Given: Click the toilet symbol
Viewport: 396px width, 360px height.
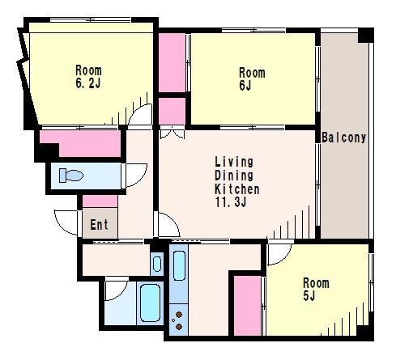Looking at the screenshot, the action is [x=71, y=176].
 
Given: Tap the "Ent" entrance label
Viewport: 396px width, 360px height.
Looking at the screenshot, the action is [x=99, y=225].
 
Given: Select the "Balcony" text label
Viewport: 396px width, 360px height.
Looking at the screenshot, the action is [x=344, y=138].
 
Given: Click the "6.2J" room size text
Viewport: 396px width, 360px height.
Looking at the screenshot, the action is [x=88, y=83].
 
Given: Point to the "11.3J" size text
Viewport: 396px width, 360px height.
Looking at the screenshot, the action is [x=231, y=201].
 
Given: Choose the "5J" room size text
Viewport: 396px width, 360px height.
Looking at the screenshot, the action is [x=309, y=296].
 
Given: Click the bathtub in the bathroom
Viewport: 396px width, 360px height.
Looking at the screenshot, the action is [x=150, y=303].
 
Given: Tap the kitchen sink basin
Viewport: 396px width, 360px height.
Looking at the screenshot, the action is [x=179, y=265].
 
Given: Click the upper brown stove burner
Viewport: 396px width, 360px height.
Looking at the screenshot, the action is [x=179, y=315].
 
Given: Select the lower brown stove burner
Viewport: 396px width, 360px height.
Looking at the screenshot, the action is [x=179, y=327].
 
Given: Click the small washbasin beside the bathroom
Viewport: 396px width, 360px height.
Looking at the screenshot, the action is [x=157, y=264].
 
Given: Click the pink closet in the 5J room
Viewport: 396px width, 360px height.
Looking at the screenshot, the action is [x=247, y=306].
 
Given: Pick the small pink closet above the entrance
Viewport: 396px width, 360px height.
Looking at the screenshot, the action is [x=100, y=201].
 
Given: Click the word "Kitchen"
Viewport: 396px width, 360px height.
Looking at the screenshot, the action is [x=237, y=188].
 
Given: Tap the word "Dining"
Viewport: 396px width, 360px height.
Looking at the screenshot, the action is [x=234, y=176].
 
